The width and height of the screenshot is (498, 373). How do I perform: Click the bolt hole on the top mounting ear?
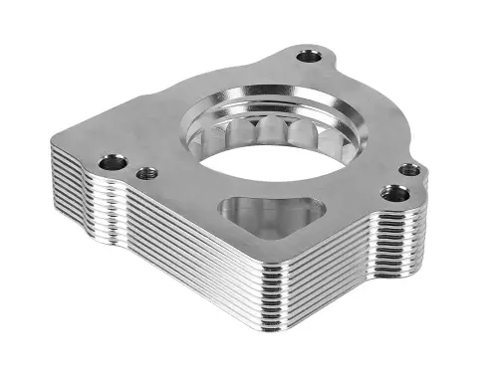pos(311,56)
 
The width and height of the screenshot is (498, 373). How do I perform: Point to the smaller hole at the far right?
pos(409,169)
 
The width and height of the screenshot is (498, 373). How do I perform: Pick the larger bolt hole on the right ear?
pos(394,192)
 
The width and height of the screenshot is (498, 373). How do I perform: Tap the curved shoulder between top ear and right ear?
pos(364,109)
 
